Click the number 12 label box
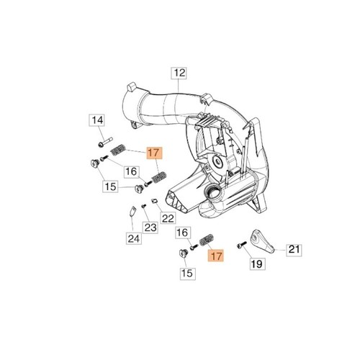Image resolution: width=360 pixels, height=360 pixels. [x=179, y=73]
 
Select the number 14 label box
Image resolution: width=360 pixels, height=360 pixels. [x=97, y=120]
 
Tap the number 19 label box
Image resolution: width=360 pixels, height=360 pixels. [x=257, y=264]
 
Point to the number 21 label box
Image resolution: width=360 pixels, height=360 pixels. [x=294, y=250]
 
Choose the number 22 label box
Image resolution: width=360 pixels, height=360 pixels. [x=168, y=218]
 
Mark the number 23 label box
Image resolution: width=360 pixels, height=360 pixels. [x=150, y=228]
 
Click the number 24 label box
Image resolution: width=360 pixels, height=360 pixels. [x=133, y=238]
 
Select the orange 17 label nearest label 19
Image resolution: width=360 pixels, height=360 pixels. [x=216, y=256]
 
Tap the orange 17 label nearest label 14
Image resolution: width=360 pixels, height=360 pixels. [x=155, y=153]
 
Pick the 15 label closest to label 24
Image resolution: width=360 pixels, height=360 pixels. [x=110, y=186]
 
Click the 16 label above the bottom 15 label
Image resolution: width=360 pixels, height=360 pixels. [x=182, y=233]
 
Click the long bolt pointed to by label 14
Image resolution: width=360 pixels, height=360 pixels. [x=105, y=142]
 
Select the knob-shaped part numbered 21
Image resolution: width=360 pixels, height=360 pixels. [x=262, y=242]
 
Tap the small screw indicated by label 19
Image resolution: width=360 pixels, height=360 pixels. [x=241, y=246]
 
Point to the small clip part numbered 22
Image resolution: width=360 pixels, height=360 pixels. [x=154, y=200]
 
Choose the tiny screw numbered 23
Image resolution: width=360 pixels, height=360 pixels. [x=143, y=206]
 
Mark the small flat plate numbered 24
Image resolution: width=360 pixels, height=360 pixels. [x=132, y=211]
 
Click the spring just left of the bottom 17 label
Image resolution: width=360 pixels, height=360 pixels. [x=207, y=239]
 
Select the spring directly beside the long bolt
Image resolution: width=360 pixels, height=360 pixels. [x=118, y=150]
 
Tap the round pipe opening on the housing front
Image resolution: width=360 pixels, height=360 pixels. [x=212, y=194]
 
